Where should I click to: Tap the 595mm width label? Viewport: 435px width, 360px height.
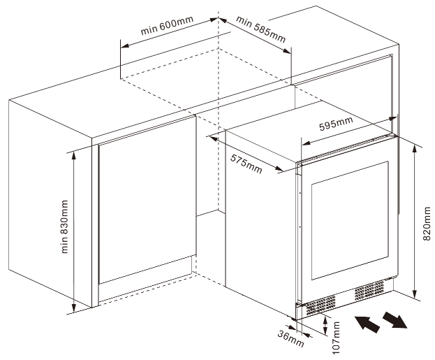(336, 124)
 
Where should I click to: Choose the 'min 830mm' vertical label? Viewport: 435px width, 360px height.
(65, 227)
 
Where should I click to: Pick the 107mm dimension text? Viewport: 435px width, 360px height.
(336, 338)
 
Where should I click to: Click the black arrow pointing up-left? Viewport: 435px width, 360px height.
(367, 323)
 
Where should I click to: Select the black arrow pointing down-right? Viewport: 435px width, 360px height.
(395, 322)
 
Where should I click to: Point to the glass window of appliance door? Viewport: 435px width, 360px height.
(348, 227)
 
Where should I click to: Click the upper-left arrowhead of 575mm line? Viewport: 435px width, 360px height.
(212, 136)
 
